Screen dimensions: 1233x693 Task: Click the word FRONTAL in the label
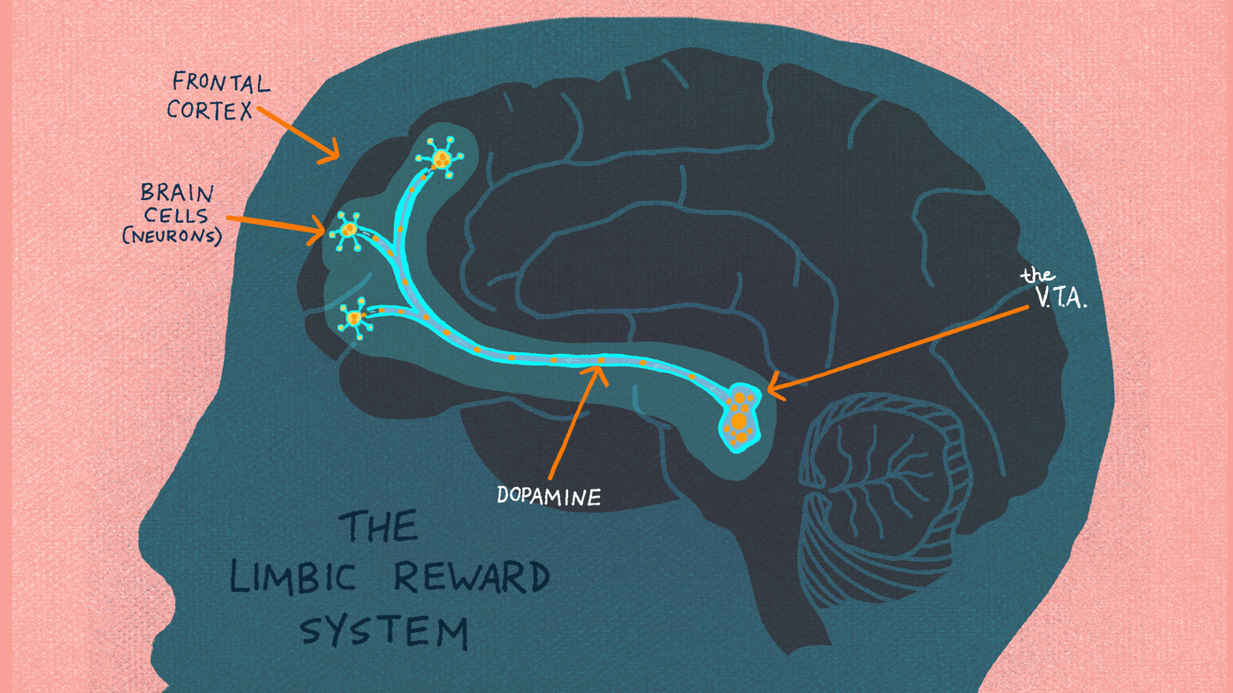pos(221,83)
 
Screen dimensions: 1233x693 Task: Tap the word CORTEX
pos(210,110)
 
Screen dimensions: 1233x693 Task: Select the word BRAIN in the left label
pos(177,193)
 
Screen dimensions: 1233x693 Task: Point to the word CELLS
pos(176,215)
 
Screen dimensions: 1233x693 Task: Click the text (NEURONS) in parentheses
pos(173,236)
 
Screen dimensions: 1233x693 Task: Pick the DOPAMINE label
pos(549,496)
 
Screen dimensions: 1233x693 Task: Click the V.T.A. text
pos(1060,298)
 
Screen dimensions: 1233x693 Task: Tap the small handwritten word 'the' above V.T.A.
pos(1038,275)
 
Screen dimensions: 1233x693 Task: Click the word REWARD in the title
pos(472,577)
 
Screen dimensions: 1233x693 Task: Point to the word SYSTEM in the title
pos(385,630)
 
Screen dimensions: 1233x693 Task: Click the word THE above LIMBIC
pos(380,526)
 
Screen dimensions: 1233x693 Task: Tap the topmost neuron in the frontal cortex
pos(440,158)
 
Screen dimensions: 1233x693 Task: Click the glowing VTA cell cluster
pos(740,418)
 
